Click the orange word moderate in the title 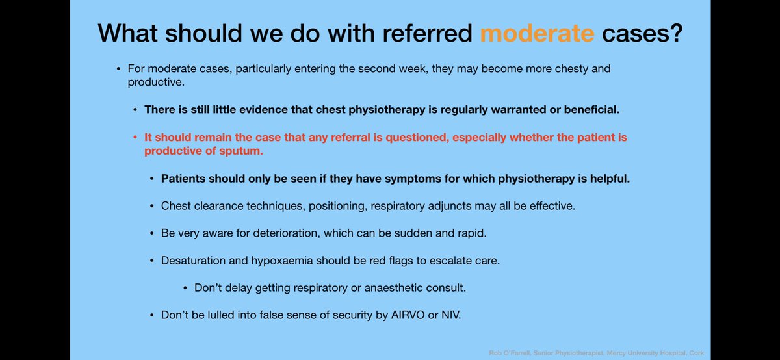point(537,32)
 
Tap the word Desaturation point(192,261)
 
